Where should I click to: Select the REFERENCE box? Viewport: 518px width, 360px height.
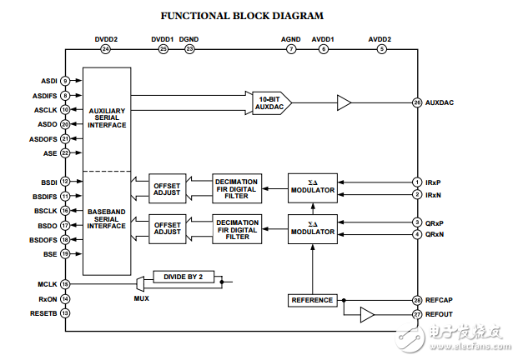[x=312, y=300]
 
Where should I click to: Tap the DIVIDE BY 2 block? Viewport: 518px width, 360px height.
[x=184, y=277]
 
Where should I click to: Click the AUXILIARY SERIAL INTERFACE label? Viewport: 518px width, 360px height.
[x=106, y=117]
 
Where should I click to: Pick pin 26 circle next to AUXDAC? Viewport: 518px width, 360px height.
[x=416, y=102]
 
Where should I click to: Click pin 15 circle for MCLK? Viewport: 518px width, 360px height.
[x=65, y=284]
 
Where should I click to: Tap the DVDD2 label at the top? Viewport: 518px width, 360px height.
[x=105, y=38]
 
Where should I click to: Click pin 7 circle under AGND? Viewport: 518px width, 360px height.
[x=291, y=49]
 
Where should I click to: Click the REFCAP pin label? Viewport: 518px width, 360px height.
[x=440, y=300]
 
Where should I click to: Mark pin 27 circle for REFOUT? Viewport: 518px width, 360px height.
[x=416, y=314]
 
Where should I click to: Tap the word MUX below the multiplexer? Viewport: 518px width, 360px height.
[x=142, y=297]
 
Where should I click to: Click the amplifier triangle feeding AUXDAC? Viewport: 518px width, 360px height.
[x=344, y=102]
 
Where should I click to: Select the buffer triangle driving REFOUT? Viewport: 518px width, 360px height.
[x=367, y=314]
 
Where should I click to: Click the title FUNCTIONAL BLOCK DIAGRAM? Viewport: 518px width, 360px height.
[x=241, y=15]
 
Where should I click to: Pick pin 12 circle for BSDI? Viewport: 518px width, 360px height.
[x=65, y=181]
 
